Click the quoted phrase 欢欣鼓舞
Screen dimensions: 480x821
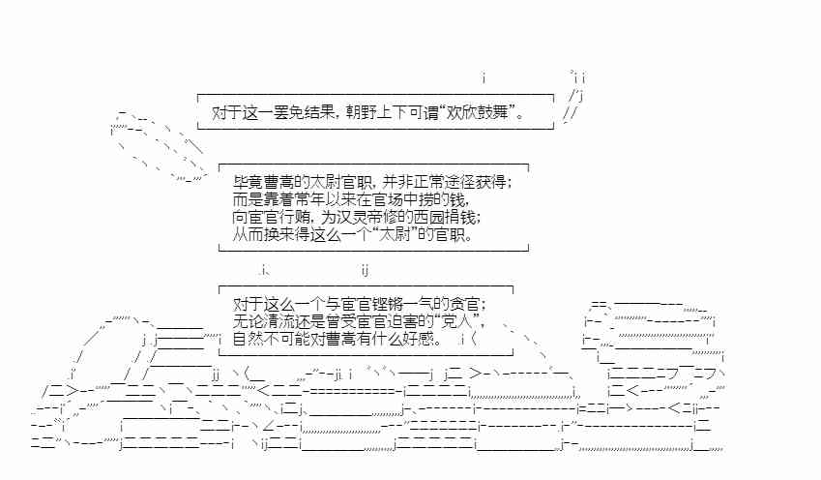point(480,113)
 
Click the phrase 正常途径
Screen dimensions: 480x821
point(449,182)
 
